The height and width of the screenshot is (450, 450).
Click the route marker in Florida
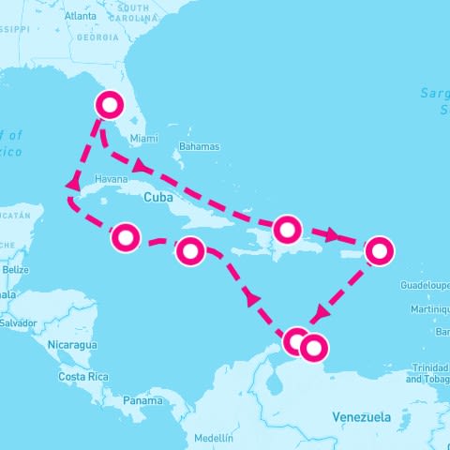(111, 104)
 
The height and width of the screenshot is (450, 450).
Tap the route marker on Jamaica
(190, 250)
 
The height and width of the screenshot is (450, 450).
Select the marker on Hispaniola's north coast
(287, 228)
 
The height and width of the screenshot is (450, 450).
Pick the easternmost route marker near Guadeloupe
(378, 250)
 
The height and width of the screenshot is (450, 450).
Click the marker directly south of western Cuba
(126, 238)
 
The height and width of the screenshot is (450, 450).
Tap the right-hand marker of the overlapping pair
(314, 348)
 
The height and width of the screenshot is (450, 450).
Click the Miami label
(144, 138)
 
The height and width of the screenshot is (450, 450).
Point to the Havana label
(111, 179)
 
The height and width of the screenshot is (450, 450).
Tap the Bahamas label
(199, 146)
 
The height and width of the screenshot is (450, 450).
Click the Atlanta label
(81, 16)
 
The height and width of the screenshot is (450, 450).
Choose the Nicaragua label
(73, 344)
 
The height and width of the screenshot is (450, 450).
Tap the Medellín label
(214, 438)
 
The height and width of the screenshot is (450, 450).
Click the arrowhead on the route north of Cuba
(140, 167)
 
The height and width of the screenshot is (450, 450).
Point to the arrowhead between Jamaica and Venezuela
(251, 298)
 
